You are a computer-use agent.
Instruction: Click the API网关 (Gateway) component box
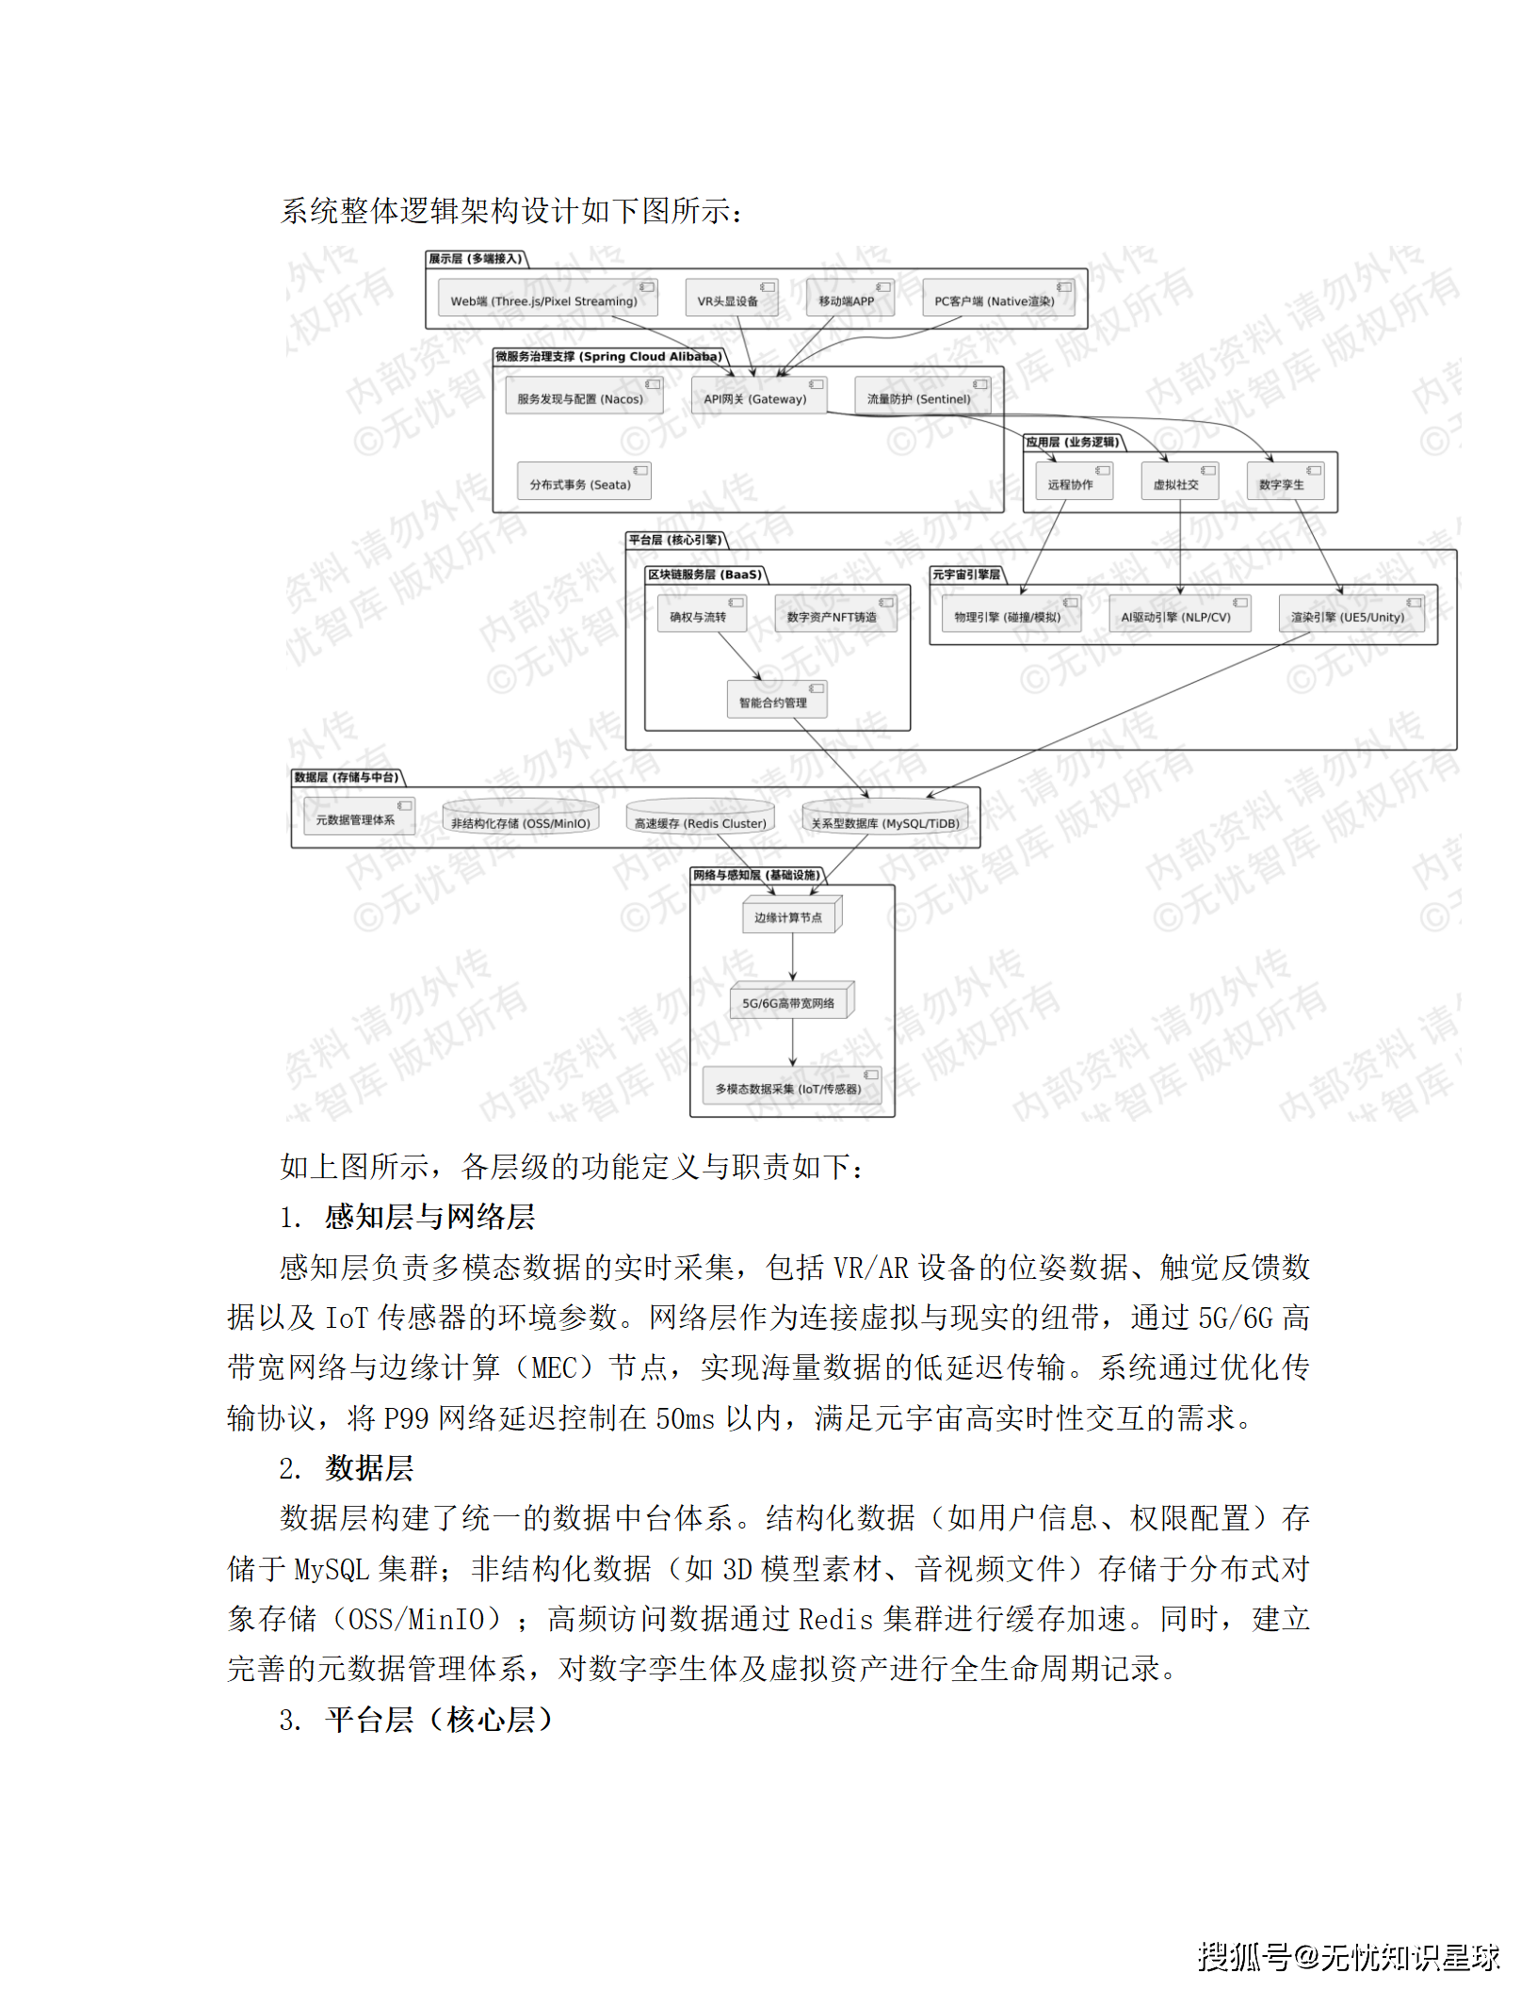[x=758, y=396]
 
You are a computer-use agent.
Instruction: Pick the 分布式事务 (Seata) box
[x=583, y=482]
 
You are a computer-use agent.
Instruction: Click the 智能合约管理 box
[x=776, y=701]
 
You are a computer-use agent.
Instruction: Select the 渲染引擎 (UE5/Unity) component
[x=1351, y=615]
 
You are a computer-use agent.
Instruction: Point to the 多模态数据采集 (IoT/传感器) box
[x=791, y=1087]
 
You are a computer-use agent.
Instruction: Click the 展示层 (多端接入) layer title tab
[x=476, y=259]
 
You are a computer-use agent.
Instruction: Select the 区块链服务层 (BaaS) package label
[x=705, y=574]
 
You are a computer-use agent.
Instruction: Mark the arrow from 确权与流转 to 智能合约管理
[x=740, y=655]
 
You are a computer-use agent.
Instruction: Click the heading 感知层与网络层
[x=429, y=1217]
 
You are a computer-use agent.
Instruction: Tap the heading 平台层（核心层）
[x=438, y=1720]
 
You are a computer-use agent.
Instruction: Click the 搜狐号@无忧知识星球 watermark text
[x=1348, y=1957]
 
